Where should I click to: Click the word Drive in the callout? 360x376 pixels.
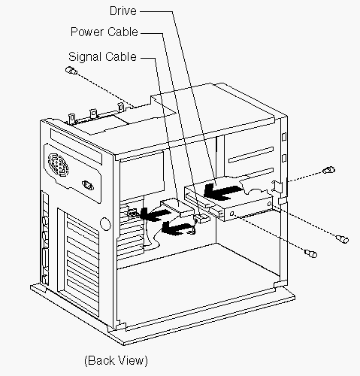123,11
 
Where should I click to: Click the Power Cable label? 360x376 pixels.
104,32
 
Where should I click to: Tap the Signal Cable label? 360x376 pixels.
103,56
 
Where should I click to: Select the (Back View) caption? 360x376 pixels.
116,360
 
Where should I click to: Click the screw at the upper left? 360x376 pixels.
71,71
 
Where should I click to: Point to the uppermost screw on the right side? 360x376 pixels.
329,170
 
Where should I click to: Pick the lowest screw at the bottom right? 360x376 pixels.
311,253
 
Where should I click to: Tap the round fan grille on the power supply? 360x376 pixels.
58,165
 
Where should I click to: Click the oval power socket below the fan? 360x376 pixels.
88,186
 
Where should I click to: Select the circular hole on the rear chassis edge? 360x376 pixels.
105,223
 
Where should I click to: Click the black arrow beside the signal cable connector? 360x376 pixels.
156,214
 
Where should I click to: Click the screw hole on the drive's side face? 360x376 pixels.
232,214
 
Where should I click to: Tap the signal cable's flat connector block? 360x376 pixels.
177,207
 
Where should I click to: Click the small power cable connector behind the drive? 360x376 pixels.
202,218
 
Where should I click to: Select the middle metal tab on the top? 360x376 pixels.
93,114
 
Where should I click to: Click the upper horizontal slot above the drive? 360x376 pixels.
251,155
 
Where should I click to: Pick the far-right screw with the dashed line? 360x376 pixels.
342,239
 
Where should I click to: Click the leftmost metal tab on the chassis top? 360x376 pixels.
72,119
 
